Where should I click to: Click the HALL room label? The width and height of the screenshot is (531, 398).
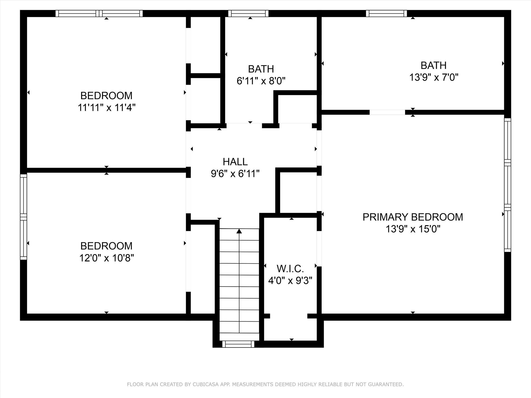tap(235, 162)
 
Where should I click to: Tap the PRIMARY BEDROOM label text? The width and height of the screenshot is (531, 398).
tap(413, 217)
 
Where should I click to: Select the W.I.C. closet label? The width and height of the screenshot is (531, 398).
tap(290, 269)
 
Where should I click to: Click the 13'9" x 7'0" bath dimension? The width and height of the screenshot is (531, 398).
tap(434, 77)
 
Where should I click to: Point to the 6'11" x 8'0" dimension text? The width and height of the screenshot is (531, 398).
tap(261, 81)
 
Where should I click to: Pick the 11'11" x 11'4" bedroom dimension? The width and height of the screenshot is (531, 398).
tap(107, 107)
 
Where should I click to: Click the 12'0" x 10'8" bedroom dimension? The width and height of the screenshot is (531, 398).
tap(107, 258)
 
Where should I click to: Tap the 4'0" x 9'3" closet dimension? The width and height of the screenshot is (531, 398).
tap(290, 281)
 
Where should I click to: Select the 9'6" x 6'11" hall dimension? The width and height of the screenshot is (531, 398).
tap(235, 174)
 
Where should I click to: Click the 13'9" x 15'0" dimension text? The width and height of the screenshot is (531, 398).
tap(413, 229)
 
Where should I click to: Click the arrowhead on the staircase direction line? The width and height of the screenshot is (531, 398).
tap(239, 231)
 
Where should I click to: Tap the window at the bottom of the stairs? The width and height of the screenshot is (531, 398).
tap(238, 344)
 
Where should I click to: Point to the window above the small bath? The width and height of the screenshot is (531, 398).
tap(248, 13)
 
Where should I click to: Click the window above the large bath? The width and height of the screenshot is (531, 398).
tap(386, 13)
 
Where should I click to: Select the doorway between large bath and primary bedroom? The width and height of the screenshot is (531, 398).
tap(387, 112)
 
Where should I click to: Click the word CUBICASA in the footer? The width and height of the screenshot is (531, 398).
tap(204, 384)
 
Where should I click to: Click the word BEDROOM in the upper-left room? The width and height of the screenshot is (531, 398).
tap(107, 96)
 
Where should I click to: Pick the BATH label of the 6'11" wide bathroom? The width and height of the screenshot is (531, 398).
tap(261, 69)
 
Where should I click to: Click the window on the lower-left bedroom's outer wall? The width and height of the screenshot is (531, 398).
tap(24, 217)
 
